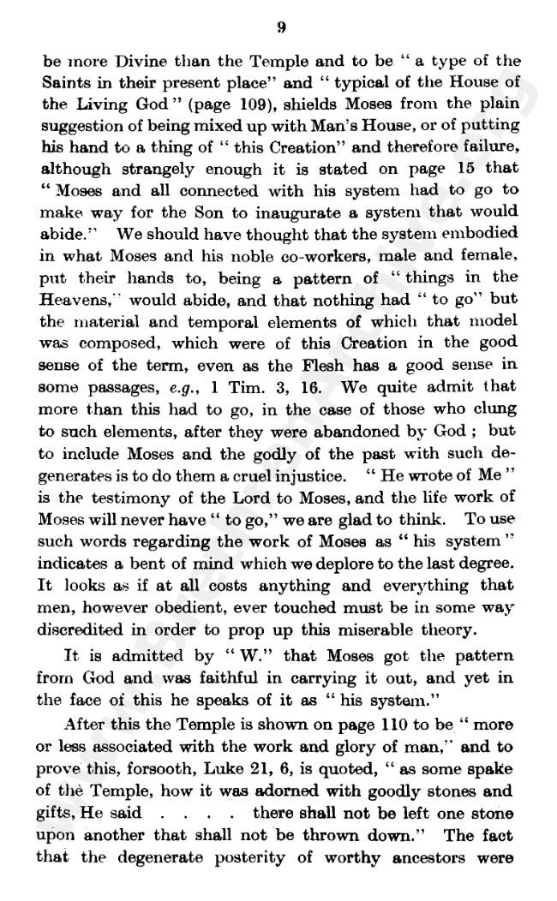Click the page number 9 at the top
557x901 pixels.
coord(281,28)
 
